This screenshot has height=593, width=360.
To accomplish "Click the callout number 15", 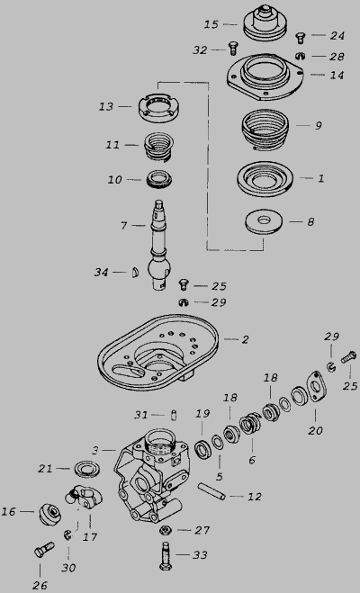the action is pyautogui.click(x=211, y=24).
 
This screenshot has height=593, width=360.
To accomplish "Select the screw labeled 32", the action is pyautogui.click(x=232, y=49).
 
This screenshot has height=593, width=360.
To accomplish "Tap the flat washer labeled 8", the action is pyautogui.click(x=265, y=221).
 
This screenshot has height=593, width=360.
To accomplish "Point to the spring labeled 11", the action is pyautogui.click(x=159, y=147).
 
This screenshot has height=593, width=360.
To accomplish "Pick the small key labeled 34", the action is pyautogui.click(x=135, y=273).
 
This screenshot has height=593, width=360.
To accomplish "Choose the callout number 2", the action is pyautogui.click(x=245, y=339).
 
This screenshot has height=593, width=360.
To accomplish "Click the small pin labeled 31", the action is pyautogui.click(x=174, y=415).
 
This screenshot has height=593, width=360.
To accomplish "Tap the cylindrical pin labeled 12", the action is pyautogui.click(x=212, y=491).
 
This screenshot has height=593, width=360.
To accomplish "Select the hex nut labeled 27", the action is pyautogui.click(x=165, y=530).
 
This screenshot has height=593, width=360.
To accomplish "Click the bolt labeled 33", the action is pyautogui.click(x=166, y=555).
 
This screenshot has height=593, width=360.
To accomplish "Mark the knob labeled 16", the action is pyautogui.click(x=49, y=514).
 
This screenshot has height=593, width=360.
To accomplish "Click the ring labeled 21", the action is pyautogui.click(x=87, y=469).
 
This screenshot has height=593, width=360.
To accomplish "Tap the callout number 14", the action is pyautogui.click(x=337, y=76).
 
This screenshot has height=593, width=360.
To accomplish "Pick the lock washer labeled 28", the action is pyautogui.click(x=300, y=56).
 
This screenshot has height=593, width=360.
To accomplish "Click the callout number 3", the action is pyautogui.click(x=95, y=451).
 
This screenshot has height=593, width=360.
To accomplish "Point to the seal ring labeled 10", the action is pyautogui.click(x=158, y=180).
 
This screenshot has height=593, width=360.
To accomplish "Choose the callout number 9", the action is pyautogui.click(x=319, y=126).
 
